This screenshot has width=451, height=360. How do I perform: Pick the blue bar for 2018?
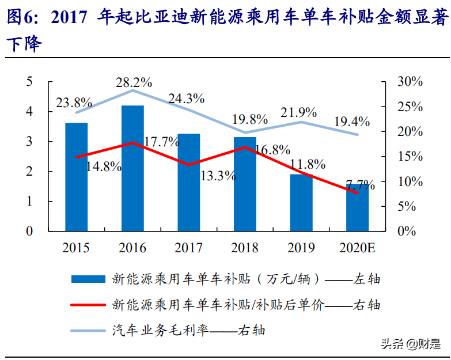tap(245, 184)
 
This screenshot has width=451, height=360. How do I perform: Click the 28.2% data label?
tap(133, 82)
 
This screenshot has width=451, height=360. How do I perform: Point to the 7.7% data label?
tap(361, 185)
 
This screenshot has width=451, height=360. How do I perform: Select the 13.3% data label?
tap(218, 176)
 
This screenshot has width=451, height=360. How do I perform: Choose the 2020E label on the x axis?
tap(357, 248)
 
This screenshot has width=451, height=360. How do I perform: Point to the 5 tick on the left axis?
tap(29, 82)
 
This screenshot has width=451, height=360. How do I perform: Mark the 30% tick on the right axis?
tap(410, 82)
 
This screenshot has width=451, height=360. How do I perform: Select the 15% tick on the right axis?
tap(410, 157)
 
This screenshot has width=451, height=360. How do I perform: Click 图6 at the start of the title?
tap(21, 19)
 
